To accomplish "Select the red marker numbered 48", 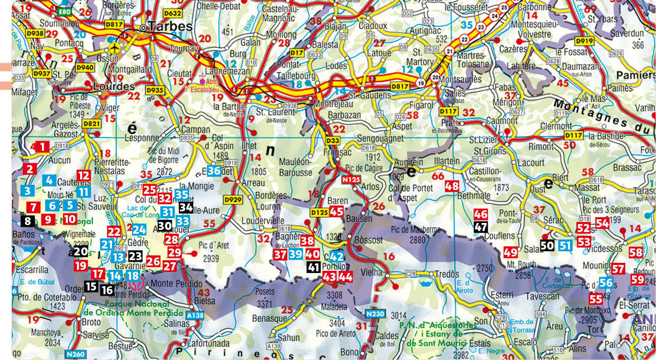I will [452, 186].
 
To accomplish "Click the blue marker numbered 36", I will [214, 171].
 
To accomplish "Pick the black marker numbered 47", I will [481, 227].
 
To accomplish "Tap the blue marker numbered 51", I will [565, 245].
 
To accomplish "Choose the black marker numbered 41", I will [313, 268].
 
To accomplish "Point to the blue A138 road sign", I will [195, 314].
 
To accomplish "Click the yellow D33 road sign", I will [333, 140].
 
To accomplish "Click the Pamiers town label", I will [636, 75].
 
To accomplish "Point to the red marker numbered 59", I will [637, 279].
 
